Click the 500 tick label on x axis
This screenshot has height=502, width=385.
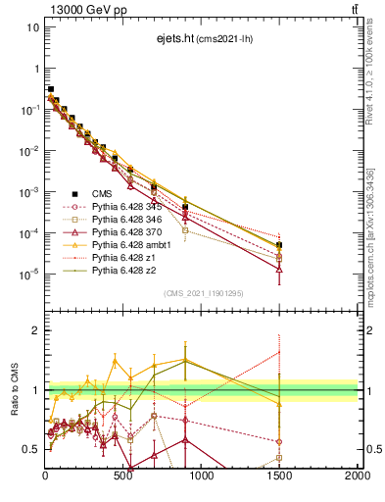(123, 476)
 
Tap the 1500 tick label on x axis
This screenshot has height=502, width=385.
(279, 476)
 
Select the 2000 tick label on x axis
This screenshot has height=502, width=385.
(356, 476)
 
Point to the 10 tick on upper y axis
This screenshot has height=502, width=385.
(33, 27)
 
